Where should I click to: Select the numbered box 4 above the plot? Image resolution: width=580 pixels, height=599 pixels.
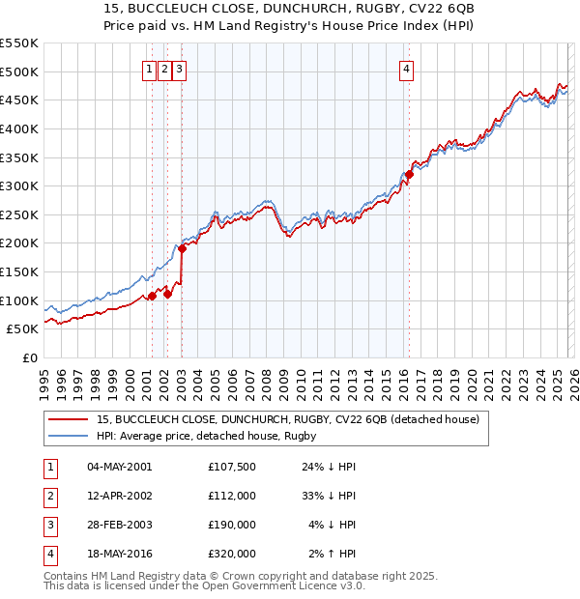point(407,69)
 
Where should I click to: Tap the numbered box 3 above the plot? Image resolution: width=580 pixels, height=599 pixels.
point(181,69)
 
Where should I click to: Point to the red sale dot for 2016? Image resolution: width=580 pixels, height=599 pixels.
point(408,175)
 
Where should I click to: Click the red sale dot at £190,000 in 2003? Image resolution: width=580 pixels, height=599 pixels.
point(182,248)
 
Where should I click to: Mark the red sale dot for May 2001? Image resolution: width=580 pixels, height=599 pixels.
point(152,297)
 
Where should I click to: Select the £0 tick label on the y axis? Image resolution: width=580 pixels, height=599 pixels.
point(29,357)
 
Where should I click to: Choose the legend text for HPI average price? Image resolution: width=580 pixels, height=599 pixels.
point(207,437)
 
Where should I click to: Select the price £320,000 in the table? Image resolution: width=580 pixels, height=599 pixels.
point(231,554)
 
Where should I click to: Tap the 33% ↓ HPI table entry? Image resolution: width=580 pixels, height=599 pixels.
point(329,496)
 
